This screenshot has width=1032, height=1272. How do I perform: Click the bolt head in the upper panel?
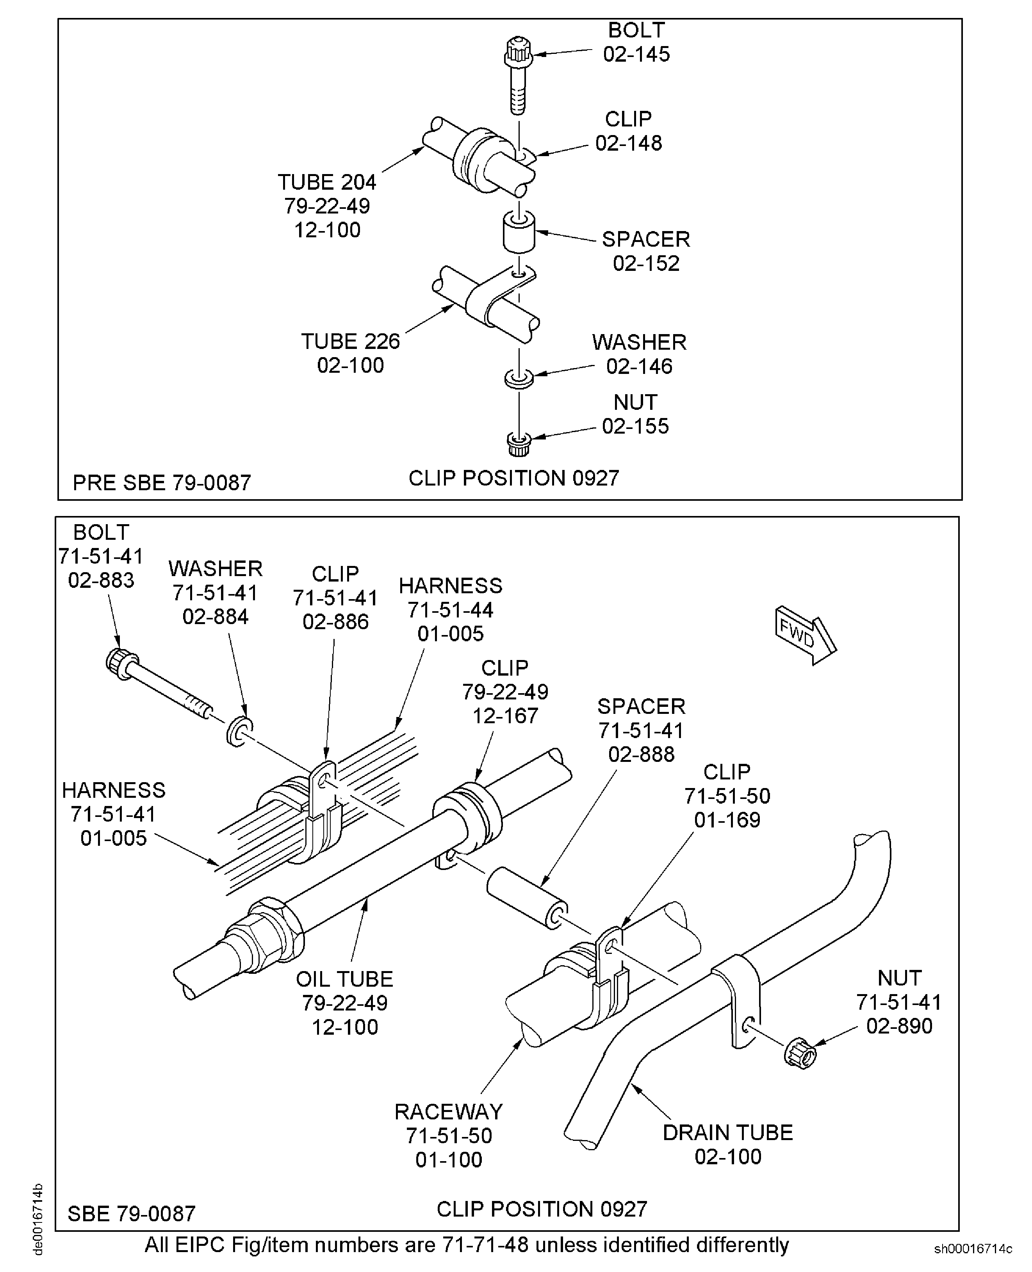[519, 53]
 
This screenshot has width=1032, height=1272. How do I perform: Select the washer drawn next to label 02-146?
[519, 378]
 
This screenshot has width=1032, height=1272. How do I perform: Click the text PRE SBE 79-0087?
[162, 482]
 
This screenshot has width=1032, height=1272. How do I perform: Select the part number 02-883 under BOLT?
[101, 580]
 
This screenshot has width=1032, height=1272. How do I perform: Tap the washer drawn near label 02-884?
[239, 731]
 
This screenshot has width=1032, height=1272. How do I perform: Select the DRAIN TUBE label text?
[727, 1132]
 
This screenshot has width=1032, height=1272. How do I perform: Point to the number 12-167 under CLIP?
[505, 716]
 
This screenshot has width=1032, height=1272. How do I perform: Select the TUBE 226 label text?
[350, 342]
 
